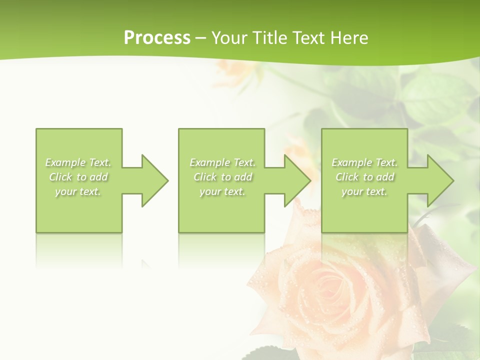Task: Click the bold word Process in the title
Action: pos(157,38)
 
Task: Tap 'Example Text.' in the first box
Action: pos(78,162)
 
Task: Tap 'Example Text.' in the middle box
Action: pos(222,162)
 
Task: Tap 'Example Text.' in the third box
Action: pos(364,162)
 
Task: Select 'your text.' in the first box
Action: pos(78,191)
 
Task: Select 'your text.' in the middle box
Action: pos(222,191)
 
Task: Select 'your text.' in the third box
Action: pos(364,191)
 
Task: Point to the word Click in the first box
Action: pos(60,177)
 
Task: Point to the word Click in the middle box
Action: pos(205,177)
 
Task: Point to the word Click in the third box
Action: pos(347,177)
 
